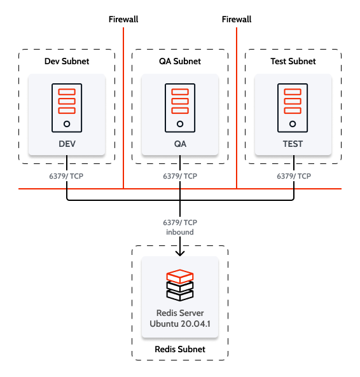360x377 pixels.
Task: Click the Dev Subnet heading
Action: coord(67,62)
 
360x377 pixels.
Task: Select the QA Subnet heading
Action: coord(180,62)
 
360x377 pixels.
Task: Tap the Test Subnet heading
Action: coord(293,62)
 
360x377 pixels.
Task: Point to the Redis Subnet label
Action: coord(180,350)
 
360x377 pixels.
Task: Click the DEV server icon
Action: coord(67,106)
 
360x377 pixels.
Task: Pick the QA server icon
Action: coord(180,106)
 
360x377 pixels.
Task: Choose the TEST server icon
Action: coord(293,106)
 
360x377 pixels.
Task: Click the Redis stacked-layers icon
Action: coord(180,285)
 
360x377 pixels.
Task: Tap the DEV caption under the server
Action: coord(67,144)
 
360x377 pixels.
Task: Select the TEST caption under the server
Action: coord(293,144)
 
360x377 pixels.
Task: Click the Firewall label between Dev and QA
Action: coord(123,20)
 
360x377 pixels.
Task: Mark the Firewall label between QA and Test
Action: coord(237,20)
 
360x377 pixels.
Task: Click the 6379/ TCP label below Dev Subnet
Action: coord(67,176)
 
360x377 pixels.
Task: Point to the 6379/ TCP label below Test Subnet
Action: coord(293,176)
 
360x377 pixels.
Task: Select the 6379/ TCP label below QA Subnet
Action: coord(180,176)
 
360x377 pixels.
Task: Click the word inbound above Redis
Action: coord(180,232)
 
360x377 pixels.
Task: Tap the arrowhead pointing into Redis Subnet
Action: coord(180,252)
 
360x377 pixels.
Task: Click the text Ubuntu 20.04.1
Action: coord(180,324)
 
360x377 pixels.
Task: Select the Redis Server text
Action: coord(180,313)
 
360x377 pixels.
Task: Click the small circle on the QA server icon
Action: coord(180,124)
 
